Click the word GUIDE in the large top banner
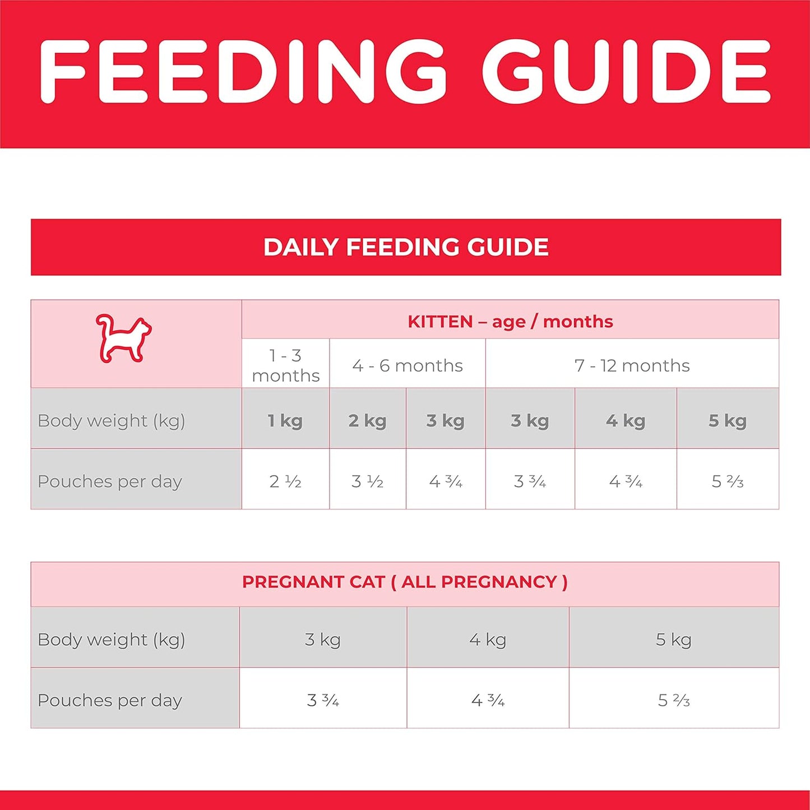(627, 72)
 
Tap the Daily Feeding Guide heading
(406, 247)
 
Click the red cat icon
(123, 339)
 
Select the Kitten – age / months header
(510, 321)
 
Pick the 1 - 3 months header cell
(285, 365)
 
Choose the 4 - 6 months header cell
(408, 365)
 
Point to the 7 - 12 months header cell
(632, 365)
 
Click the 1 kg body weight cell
(285, 420)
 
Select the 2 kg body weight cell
(367, 420)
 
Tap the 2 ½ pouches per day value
(285, 481)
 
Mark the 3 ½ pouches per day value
(367, 481)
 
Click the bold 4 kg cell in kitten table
(626, 420)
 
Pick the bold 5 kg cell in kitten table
(728, 420)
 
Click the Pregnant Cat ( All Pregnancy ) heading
(405, 582)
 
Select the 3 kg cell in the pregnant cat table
(323, 639)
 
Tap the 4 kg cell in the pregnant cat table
(488, 639)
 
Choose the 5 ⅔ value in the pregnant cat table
(674, 700)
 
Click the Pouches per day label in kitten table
(110, 481)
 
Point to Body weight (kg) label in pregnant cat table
(111, 639)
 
